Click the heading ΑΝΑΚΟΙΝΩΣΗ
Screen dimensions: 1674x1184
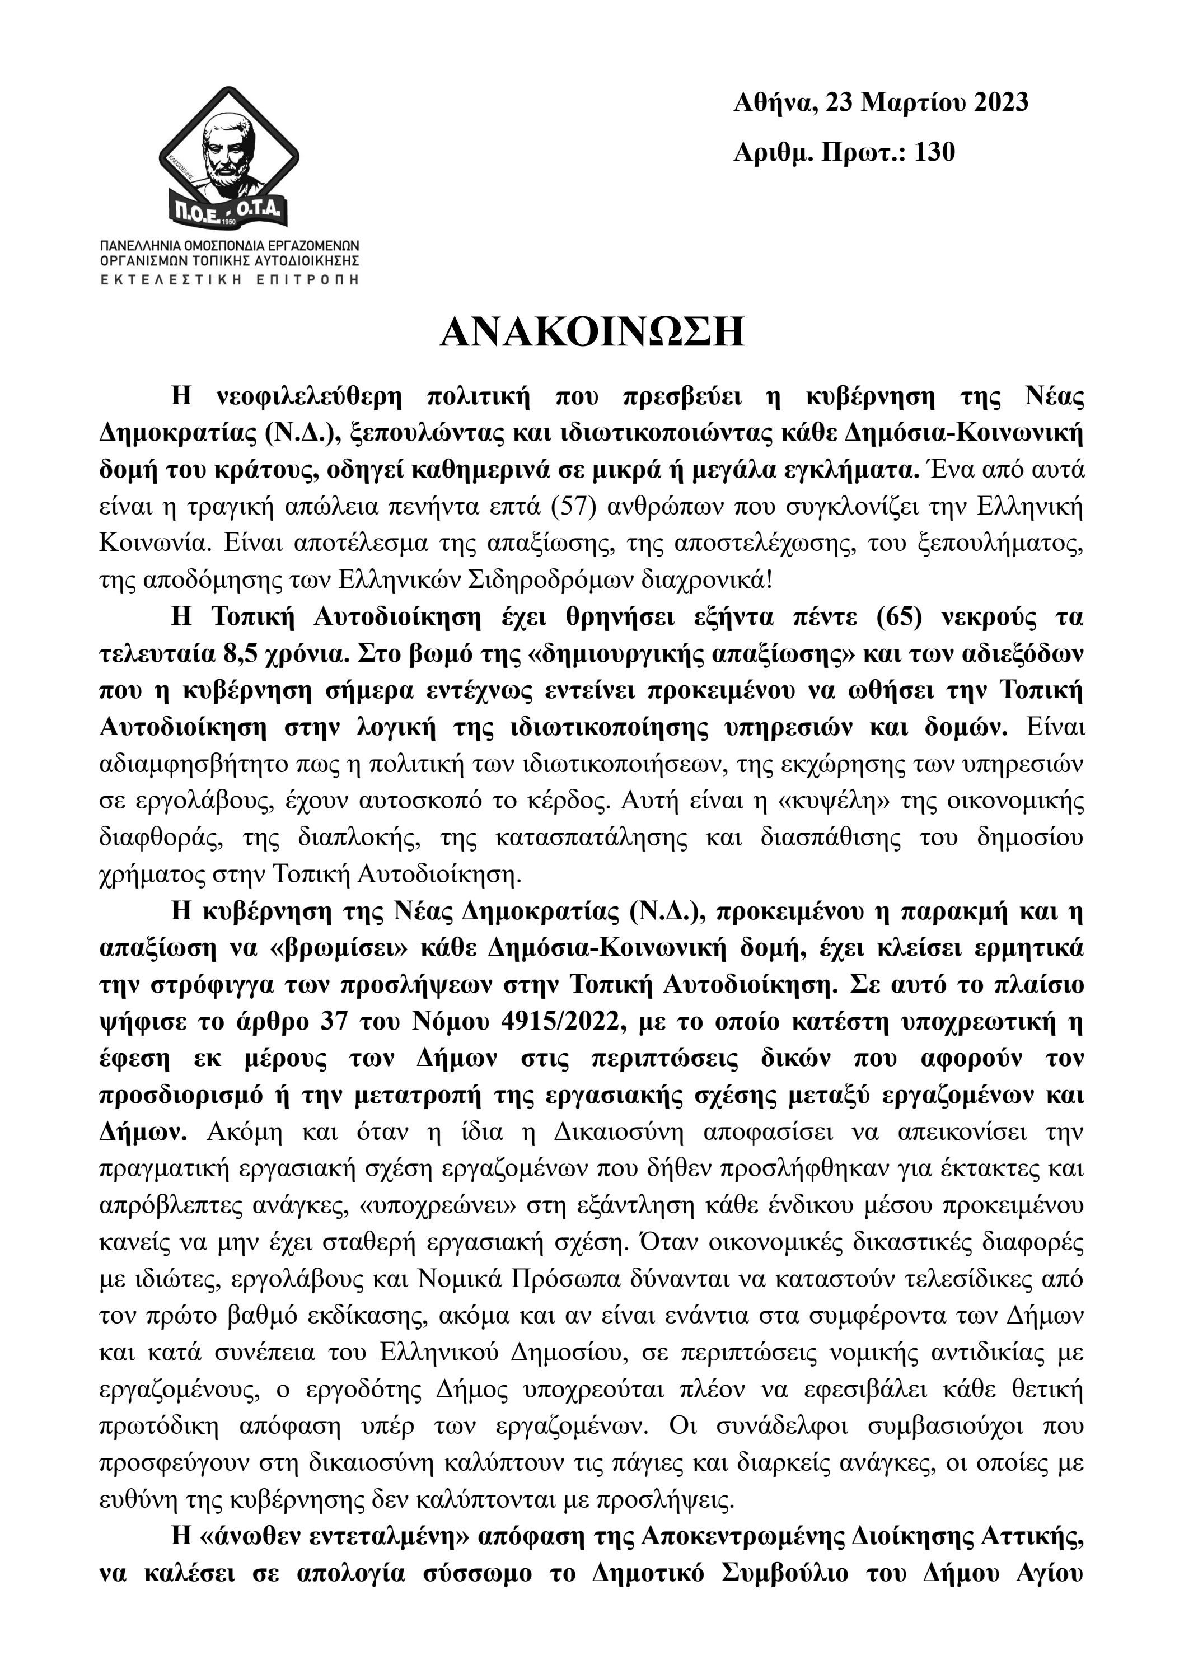coord(592,332)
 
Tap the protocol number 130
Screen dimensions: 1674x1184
coord(935,152)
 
